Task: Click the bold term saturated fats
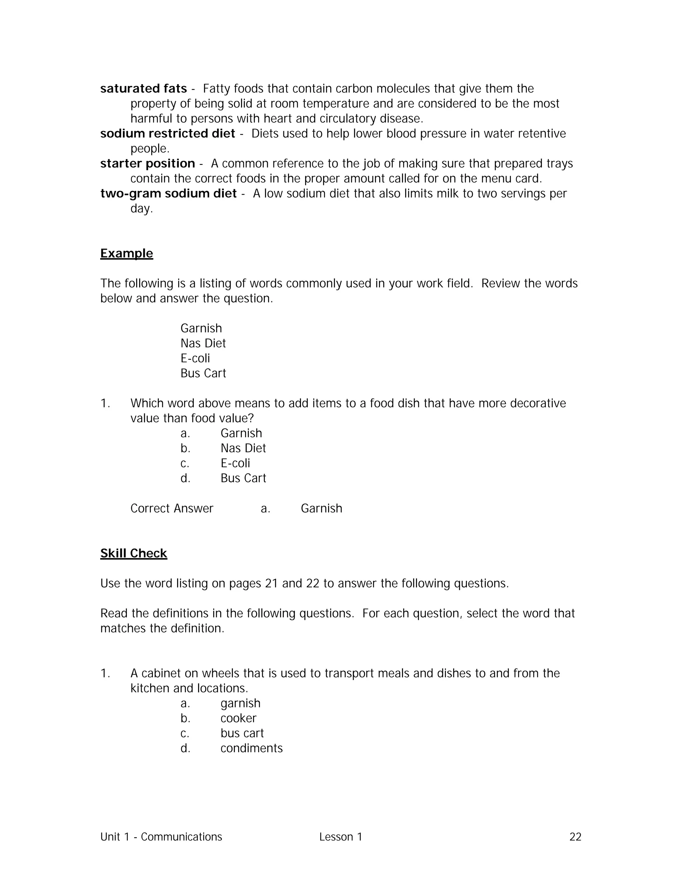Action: [144, 89]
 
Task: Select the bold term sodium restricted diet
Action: [167, 133]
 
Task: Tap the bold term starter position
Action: [148, 163]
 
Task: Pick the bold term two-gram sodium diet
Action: [168, 193]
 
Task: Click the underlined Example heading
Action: [127, 254]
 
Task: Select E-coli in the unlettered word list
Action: [195, 358]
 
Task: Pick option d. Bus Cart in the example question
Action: [243, 478]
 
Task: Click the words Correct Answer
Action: [172, 508]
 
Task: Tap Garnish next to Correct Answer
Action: [321, 508]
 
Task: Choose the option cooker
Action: [238, 718]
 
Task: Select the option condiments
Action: [251, 748]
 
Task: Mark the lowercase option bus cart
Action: [242, 733]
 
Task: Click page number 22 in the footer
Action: [575, 837]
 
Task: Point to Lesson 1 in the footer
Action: [341, 837]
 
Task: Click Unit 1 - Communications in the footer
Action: [161, 837]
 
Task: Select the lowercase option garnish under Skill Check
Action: [240, 703]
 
